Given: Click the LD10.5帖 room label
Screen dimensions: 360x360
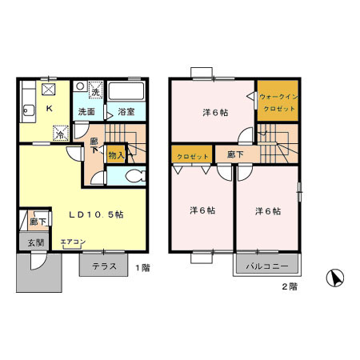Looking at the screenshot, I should pyautogui.click(x=95, y=214).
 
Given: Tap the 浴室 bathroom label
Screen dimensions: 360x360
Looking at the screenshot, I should pyautogui.click(x=125, y=113).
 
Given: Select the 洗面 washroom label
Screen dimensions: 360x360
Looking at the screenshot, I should pyautogui.click(x=87, y=113).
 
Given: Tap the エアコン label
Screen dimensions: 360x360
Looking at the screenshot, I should pyautogui.click(x=71, y=240).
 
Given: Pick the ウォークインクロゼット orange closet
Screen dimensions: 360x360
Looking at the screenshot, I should pyautogui.click(x=278, y=102).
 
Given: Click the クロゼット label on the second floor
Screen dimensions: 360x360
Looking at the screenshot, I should pyautogui.click(x=191, y=156).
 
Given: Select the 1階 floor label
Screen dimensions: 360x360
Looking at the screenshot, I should pyautogui.click(x=142, y=267).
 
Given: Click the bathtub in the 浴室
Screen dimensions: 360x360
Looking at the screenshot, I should pyautogui.click(x=125, y=90).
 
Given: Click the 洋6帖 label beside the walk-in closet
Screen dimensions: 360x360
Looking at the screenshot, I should pyautogui.click(x=212, y=113).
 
